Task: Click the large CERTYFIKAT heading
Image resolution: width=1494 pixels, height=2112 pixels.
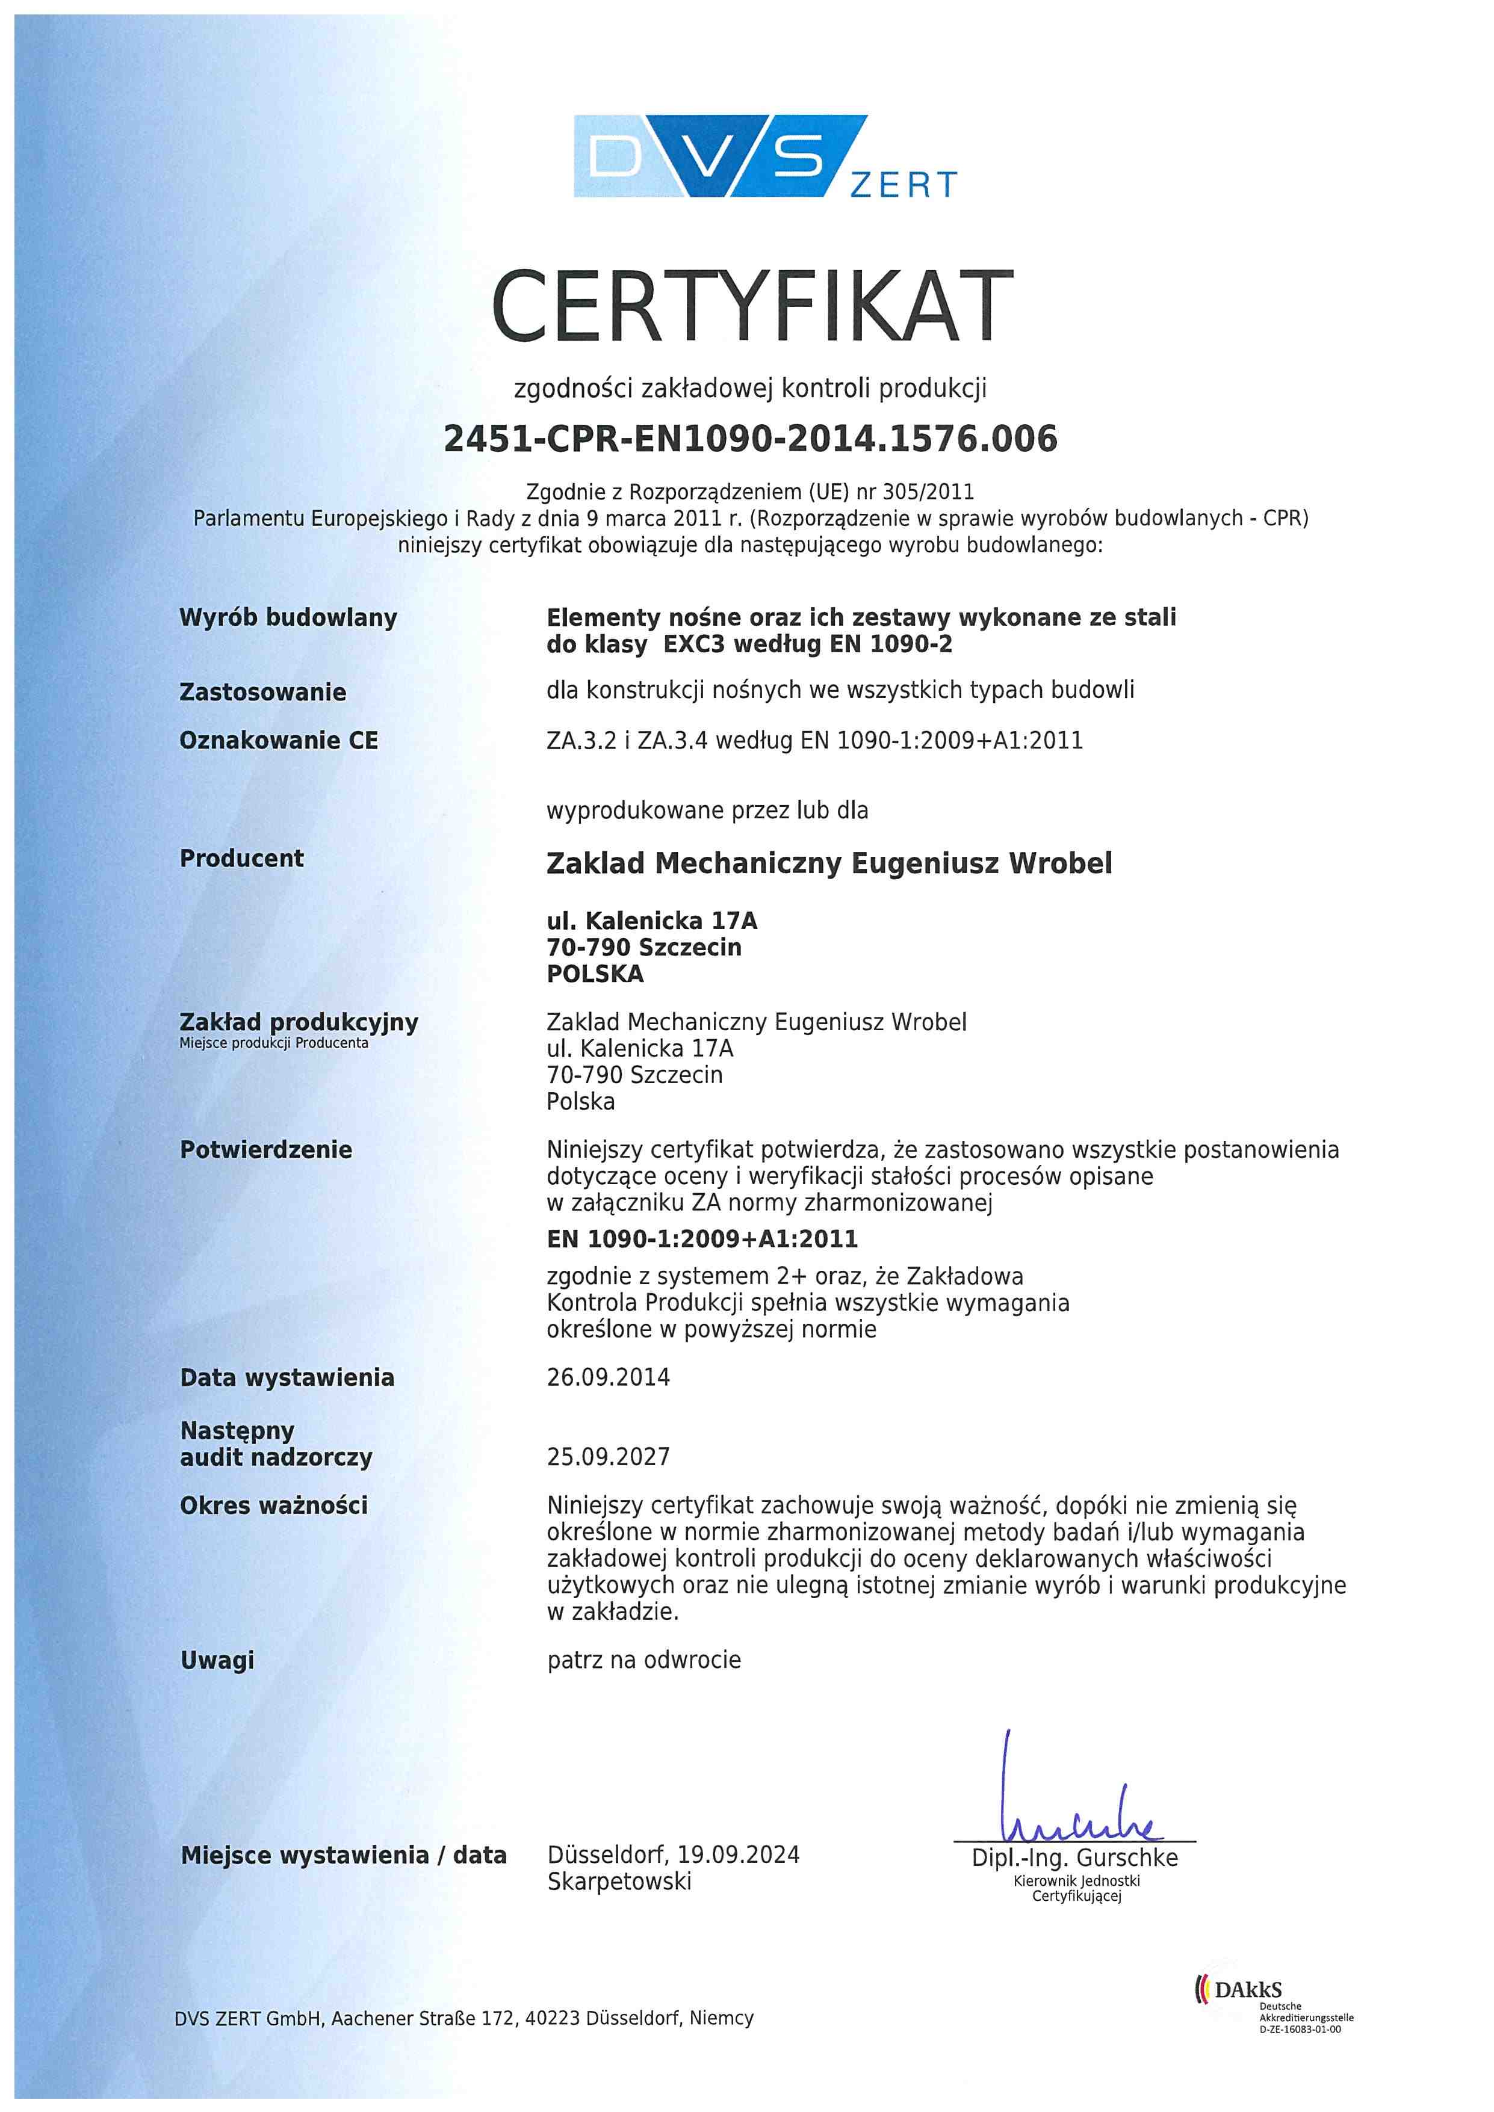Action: [752, 306]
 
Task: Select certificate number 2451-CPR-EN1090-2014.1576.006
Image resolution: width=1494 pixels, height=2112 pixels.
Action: [750, 439]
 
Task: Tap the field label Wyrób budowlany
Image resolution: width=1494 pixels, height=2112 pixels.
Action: [288, 617]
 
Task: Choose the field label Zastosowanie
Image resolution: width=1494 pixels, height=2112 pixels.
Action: [262, 693]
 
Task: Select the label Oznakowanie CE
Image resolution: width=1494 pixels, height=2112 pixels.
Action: [278, 741]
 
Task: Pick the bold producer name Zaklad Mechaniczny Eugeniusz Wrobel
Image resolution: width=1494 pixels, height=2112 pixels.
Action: [829, 863]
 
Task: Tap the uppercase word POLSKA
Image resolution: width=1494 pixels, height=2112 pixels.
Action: [595, 974]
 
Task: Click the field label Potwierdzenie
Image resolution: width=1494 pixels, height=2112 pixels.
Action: [266, 1150]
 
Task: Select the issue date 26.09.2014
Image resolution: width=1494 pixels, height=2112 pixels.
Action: [608, 1377]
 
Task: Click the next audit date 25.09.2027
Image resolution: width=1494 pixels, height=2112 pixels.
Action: [608, 1457]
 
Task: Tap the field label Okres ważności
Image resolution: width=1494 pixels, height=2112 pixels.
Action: [273, 1506]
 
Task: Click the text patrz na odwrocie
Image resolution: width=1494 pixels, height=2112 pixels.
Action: [644, 1660]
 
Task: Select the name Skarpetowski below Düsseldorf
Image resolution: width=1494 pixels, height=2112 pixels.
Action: [619, 1882]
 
